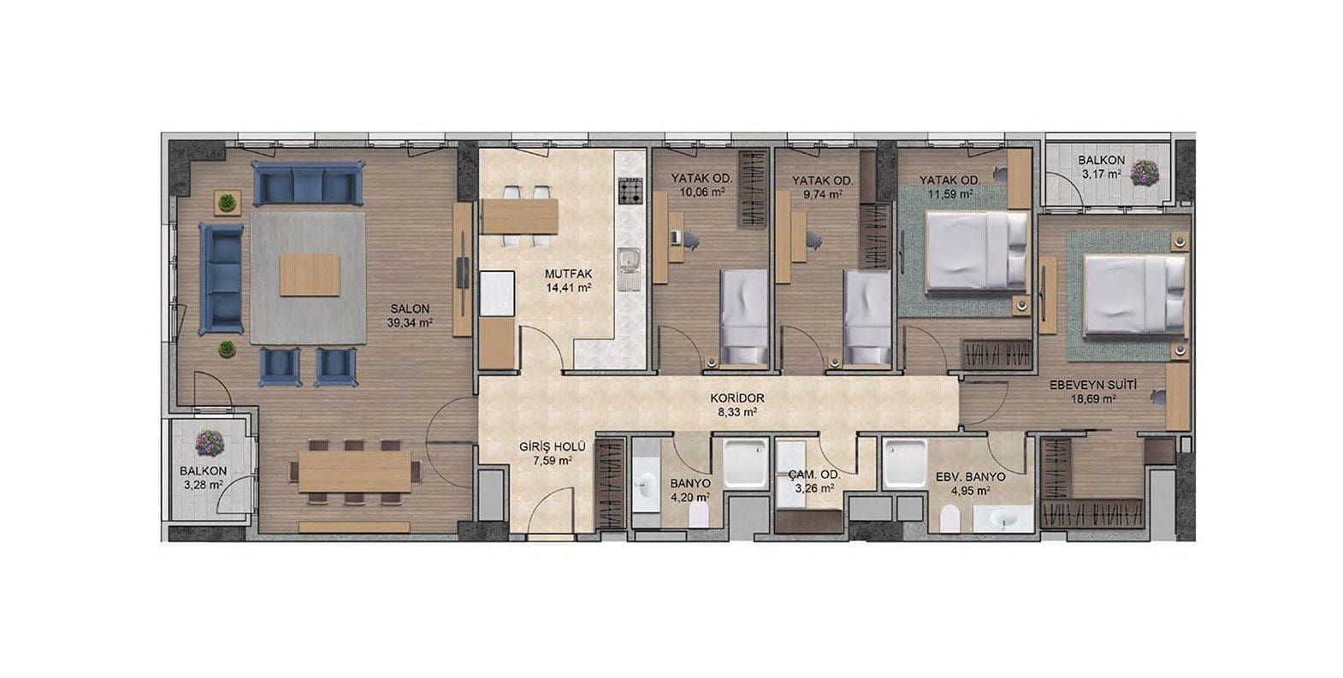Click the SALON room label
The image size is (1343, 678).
click(x=410, y=309)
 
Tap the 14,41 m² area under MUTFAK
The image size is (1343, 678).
click(x=568, y=287)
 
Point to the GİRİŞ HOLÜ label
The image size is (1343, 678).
click(x=553, y=446)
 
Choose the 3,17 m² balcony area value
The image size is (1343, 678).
click(x=1102, y=174)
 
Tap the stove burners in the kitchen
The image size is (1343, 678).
click(x=630, y=192)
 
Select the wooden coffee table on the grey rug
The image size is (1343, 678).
click(x=310, y=274)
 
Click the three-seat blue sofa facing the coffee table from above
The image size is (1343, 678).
click(x=308, y=183)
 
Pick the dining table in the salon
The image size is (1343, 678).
click(x=355, y=472)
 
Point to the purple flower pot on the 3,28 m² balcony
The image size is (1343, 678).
click(x=210, y=442)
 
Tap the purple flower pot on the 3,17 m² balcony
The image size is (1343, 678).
click(x=1145, y=172)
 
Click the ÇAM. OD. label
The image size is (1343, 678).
click(x=814, y=475)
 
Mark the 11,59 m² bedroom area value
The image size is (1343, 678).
click(x=950, y=193)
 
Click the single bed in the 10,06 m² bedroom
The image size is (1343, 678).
click(x=743, y=317)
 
